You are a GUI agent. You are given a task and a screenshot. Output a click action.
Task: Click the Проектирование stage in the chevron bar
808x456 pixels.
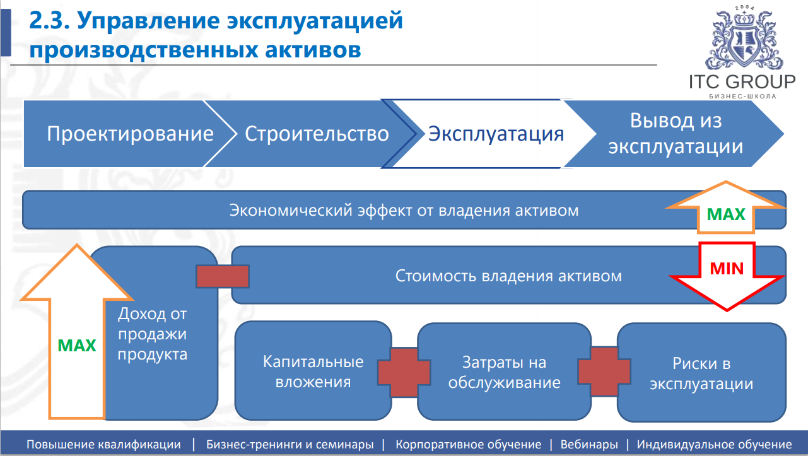point(130,134)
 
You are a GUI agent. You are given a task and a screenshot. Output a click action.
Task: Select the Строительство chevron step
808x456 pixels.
point(317,134)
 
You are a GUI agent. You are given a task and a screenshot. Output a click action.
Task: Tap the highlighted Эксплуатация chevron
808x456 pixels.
point(496,134)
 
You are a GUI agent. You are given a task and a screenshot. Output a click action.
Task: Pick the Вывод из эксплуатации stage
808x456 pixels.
point(676,134)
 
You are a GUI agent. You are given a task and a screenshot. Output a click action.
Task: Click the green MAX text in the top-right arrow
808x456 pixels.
point(726,214)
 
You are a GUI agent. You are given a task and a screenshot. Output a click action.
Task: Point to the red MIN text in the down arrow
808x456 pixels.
point(727,268)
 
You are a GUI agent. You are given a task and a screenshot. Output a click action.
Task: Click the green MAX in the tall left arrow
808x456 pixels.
point(77,346)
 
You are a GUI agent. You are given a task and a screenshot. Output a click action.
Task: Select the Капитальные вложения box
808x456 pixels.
point(313,372)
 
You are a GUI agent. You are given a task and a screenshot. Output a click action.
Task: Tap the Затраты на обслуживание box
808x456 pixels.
point(504,372)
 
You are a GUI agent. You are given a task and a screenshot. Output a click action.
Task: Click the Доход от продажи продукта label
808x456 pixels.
point(153,334)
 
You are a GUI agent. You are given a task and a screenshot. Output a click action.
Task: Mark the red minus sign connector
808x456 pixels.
point(223,276)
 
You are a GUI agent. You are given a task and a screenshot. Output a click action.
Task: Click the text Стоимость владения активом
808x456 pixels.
point(508,276)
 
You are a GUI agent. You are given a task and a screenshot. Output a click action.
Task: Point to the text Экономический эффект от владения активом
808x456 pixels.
point(404,210)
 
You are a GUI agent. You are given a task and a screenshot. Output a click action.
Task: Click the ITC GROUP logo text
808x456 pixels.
point(742,82)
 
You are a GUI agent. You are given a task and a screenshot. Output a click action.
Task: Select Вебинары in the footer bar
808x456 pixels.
point(588,445)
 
